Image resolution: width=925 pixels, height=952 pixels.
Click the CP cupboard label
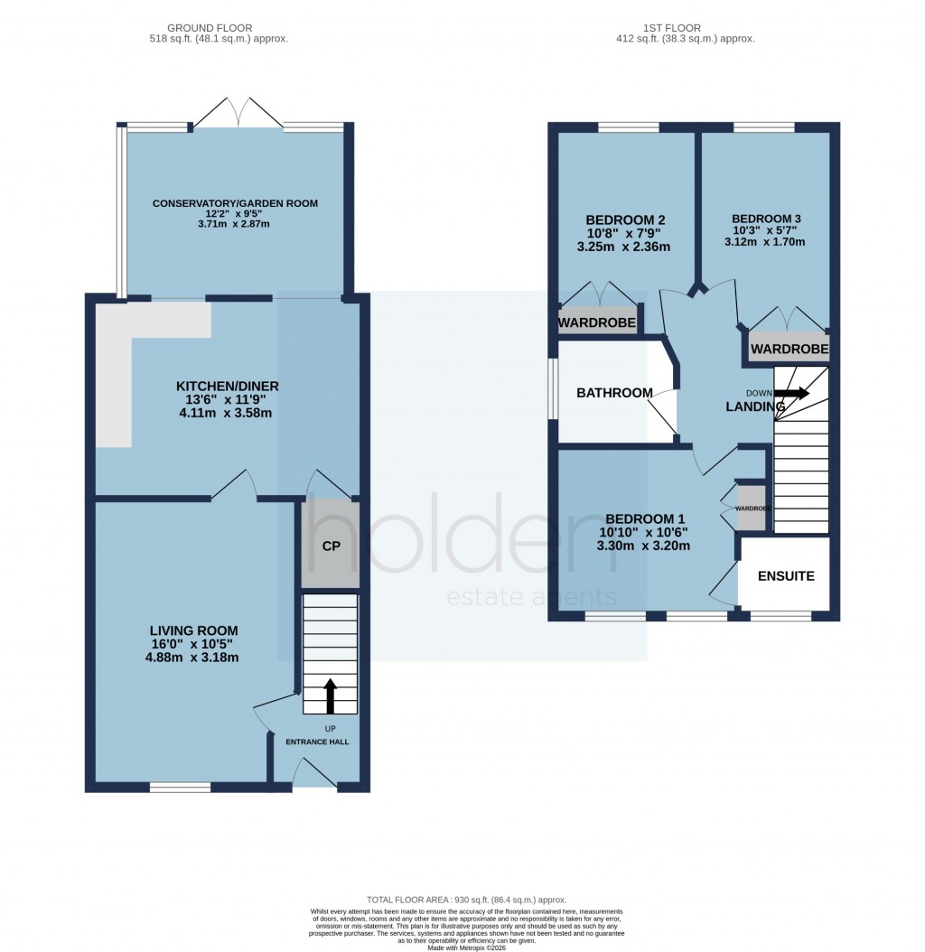pyautogui.click(x=330, y=546)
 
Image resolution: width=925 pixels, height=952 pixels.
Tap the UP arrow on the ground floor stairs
pyautogui.click(x=330, y=695)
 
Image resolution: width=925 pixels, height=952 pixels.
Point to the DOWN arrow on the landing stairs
pyautogui.click(x=791, y=393)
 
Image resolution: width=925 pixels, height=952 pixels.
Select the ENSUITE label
pyautogui.click(x=785, y=575)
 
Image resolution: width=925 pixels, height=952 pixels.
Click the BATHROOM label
pyautogui.click(x=614, y=393)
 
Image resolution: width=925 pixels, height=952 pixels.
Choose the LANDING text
pyautogui.click(x=755, y=407)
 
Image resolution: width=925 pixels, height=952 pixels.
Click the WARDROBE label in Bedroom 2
pyautogui.click(x=596, y=322)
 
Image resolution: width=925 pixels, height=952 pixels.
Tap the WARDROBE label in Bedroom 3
pyautogui.click(x=790, y=348)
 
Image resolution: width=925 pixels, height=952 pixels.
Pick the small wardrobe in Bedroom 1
pyautogui.click(x=751, y=509)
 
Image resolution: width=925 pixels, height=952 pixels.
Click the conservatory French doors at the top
pyautogui.click(x=238, y=113)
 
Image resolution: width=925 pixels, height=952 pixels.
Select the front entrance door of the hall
pyautogui.click(x=313, y=774)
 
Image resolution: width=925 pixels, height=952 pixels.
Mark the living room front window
pyautogui.click(x=180, y=788)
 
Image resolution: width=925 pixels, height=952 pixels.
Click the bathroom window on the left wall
pyautogui.click(x=553, y=393)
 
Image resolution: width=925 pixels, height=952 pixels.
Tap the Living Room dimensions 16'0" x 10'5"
pyautogui.click(x=194, y=644)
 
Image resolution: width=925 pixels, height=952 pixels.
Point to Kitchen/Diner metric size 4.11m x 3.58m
pyautogui.click(x=227, y=413)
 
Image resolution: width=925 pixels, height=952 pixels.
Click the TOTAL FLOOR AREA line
pyautogui.click(x=466, y=901)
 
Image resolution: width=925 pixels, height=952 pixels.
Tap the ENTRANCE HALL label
pyautogui.click(x=317, y=742)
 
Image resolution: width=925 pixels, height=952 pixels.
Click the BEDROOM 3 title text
pyautogui.click(x=766, y=219)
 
